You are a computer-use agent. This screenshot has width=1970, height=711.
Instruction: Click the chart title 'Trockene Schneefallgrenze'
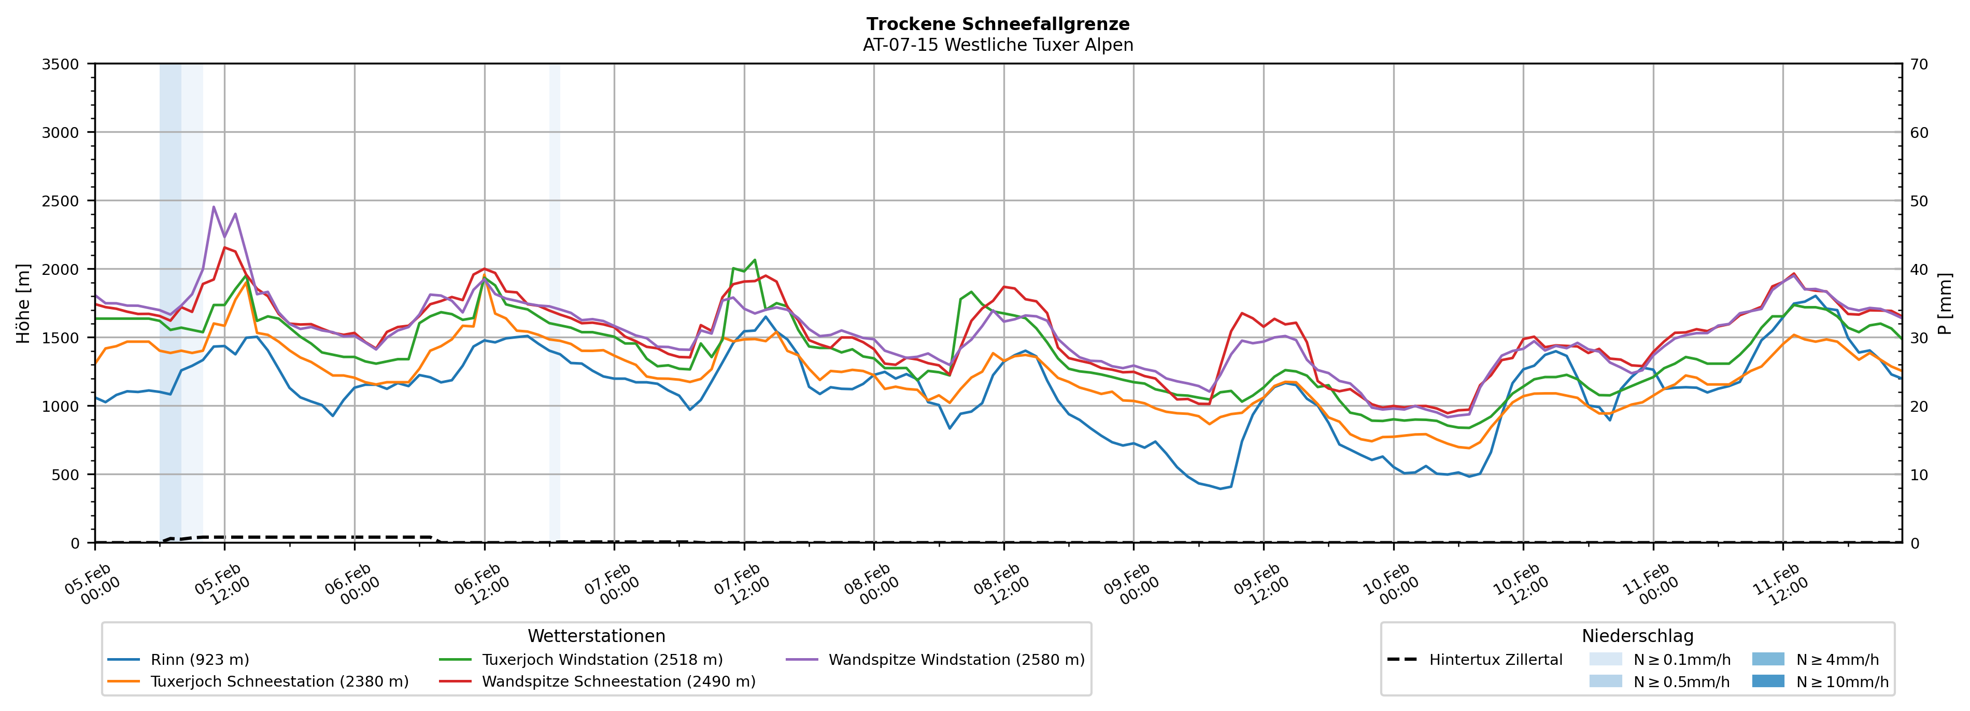click(x=998, y=24)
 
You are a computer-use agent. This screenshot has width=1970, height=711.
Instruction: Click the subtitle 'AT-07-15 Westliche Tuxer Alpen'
click(x=998, y=45)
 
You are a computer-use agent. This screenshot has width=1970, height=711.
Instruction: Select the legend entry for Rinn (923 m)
click(x=200, y=660)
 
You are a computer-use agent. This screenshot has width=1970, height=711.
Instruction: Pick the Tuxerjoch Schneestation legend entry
click(x=279, y=681)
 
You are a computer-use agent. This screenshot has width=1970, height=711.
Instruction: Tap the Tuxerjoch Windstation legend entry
click(x=602, y=660)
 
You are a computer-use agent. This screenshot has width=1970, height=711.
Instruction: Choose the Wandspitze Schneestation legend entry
click(x=618, y=681)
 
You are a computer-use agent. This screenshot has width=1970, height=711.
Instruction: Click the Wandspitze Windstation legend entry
click(x=956, y=660)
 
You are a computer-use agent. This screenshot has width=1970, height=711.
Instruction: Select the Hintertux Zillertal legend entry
click(x=1495, y=660)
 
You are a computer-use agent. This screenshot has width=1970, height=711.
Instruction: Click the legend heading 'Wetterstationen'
click(x=597, y=636)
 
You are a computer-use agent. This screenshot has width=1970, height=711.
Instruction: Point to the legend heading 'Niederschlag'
click(x=1637, y=636)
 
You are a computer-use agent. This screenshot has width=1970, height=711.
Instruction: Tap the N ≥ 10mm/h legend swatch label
click(x=1841, y=681)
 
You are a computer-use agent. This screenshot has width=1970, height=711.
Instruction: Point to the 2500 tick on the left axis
click(x=61, y=201)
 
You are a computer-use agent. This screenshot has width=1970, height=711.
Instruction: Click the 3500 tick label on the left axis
click(x=61, y=64)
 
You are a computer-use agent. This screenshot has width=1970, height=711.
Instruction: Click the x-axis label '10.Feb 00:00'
click(x=1391, y=585)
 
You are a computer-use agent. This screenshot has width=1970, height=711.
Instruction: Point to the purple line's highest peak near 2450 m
click(x=214, y=206)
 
